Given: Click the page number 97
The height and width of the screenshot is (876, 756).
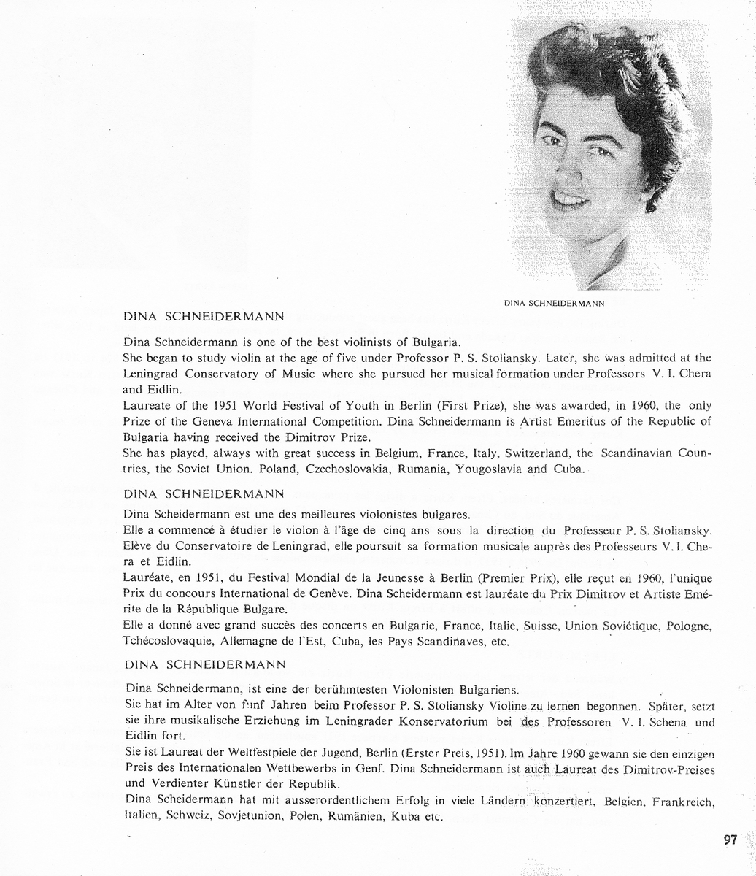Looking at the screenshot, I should [x=730, y=839].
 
